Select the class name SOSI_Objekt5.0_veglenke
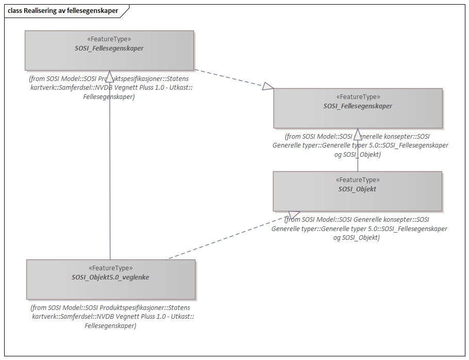(110, 277)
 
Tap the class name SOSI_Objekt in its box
(357, 189)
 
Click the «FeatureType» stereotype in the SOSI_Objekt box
(357, 180)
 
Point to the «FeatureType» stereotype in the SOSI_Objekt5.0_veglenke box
(110, 268)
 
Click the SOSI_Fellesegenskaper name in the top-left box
(109, 48)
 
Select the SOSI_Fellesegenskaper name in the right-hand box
(358, 106)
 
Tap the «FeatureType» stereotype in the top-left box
(109, 39)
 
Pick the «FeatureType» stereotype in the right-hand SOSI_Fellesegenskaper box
(358, 97)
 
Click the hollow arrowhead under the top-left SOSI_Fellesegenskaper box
(109, 76)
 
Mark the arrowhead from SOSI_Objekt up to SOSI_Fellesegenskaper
(358, 134)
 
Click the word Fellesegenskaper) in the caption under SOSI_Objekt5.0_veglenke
(110, 326)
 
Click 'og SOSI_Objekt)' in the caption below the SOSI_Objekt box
(357, 238)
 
